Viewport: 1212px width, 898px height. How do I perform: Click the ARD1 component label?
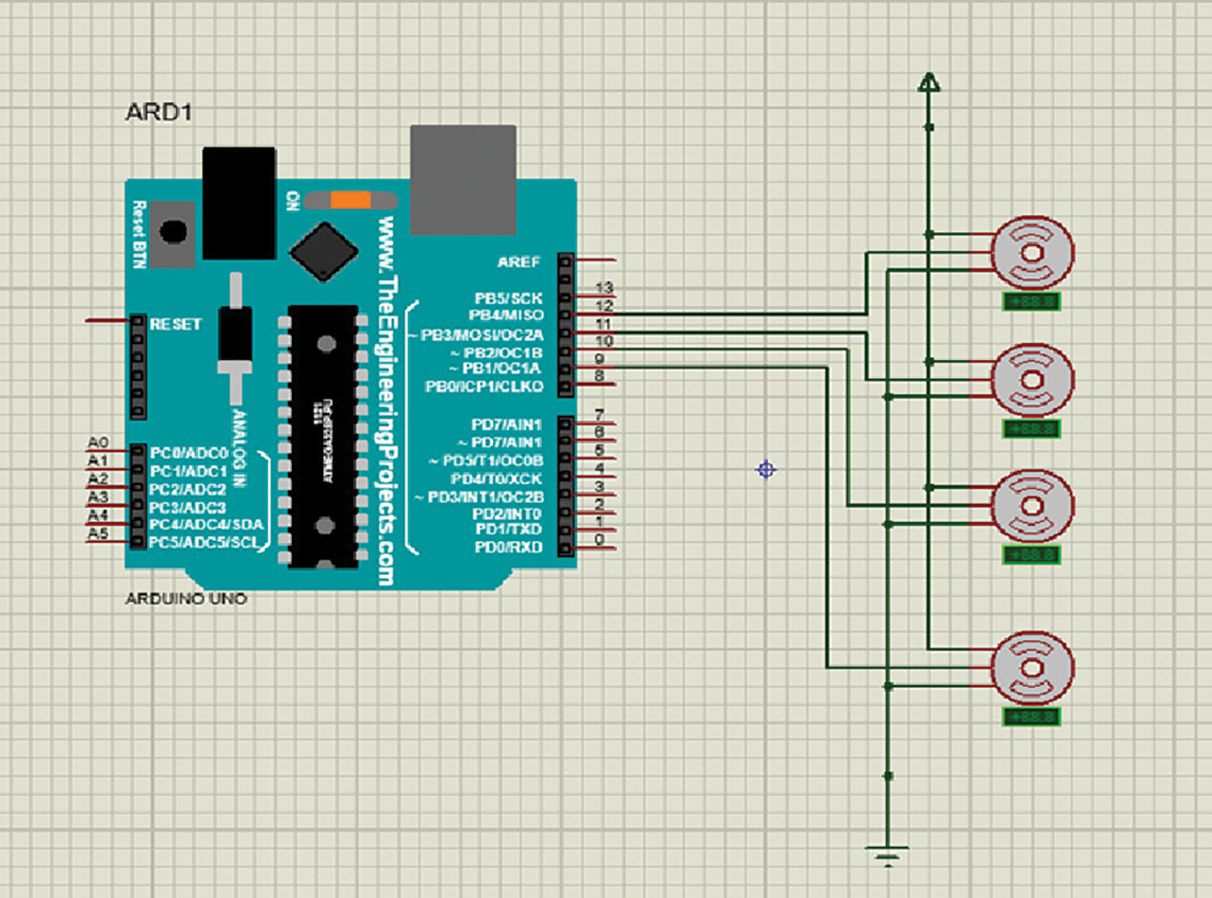click(x=159, y=112)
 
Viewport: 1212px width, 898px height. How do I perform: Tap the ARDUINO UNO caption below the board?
click(x=186, y=599)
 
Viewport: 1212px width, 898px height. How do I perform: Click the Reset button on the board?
click(x=173, y=232)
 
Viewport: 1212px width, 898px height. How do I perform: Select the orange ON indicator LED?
click(x=350, y=200)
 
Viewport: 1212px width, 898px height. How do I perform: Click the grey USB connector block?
click(x=463, y=178)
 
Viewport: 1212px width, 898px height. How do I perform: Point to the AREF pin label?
click(x=518, y=262)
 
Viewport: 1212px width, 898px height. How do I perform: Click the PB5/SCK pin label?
click(x=508, y=299)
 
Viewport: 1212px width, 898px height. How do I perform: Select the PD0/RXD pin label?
click(x=508, y=548)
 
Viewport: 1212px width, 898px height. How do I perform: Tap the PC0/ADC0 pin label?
click(x=189, y=453)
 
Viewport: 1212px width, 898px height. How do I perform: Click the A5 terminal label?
click(x=98, y=534)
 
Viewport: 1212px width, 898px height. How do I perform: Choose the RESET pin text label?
click(x=175, y=324)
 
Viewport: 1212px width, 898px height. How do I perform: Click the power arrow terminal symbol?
click(x=929, y=83)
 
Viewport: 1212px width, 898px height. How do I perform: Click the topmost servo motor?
click(x=1033, y=252)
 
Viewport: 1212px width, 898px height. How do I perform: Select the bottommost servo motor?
click(x=1033, y=668)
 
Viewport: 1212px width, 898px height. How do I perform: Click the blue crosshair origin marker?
click(x=766, y=470)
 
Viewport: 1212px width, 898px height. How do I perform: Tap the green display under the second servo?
click(x=1031, y=429)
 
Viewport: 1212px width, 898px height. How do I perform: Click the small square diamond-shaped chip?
click(x=324, y=251)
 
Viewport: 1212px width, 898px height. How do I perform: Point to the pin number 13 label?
click(x=604, y=288)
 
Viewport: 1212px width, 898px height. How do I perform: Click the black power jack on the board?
click(x=239, y=203)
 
